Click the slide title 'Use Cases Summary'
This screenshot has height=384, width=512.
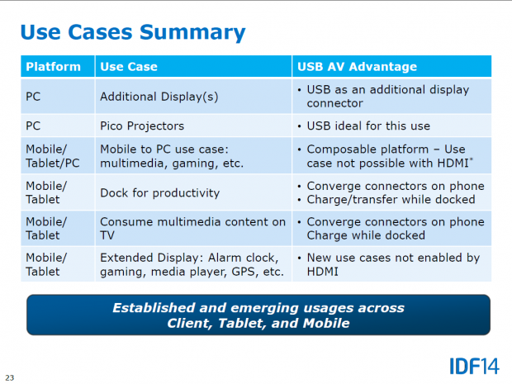pyautogui.click(x=133, y=32)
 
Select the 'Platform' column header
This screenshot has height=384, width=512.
pyautogui.click(x=54, y=66)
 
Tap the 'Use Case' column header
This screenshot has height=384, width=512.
pyautogui.click(x=128, y=66)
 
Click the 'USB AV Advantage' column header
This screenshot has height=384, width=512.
pyautogui.click(x=356, y=66)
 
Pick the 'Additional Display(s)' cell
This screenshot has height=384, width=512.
pyautogui.click(x=159, y=97)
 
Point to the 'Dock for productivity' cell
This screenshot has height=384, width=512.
pyautogui.click(x=159, y=192)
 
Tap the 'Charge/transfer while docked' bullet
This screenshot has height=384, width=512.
pyautogui.click(x=391, y=199)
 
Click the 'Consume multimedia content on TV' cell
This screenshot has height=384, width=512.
pyautogui.click(x=192, y=229)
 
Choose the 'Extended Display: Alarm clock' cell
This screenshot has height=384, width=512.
pyautogui.click(x=191, y=258)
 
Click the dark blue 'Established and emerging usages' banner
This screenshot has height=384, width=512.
pyautogui.click(x=258, y=315)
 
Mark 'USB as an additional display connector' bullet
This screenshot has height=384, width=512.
pyautogui.click(x=387, y=97)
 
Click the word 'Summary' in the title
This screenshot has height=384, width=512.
pyautogui.click(x=193, y=32)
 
